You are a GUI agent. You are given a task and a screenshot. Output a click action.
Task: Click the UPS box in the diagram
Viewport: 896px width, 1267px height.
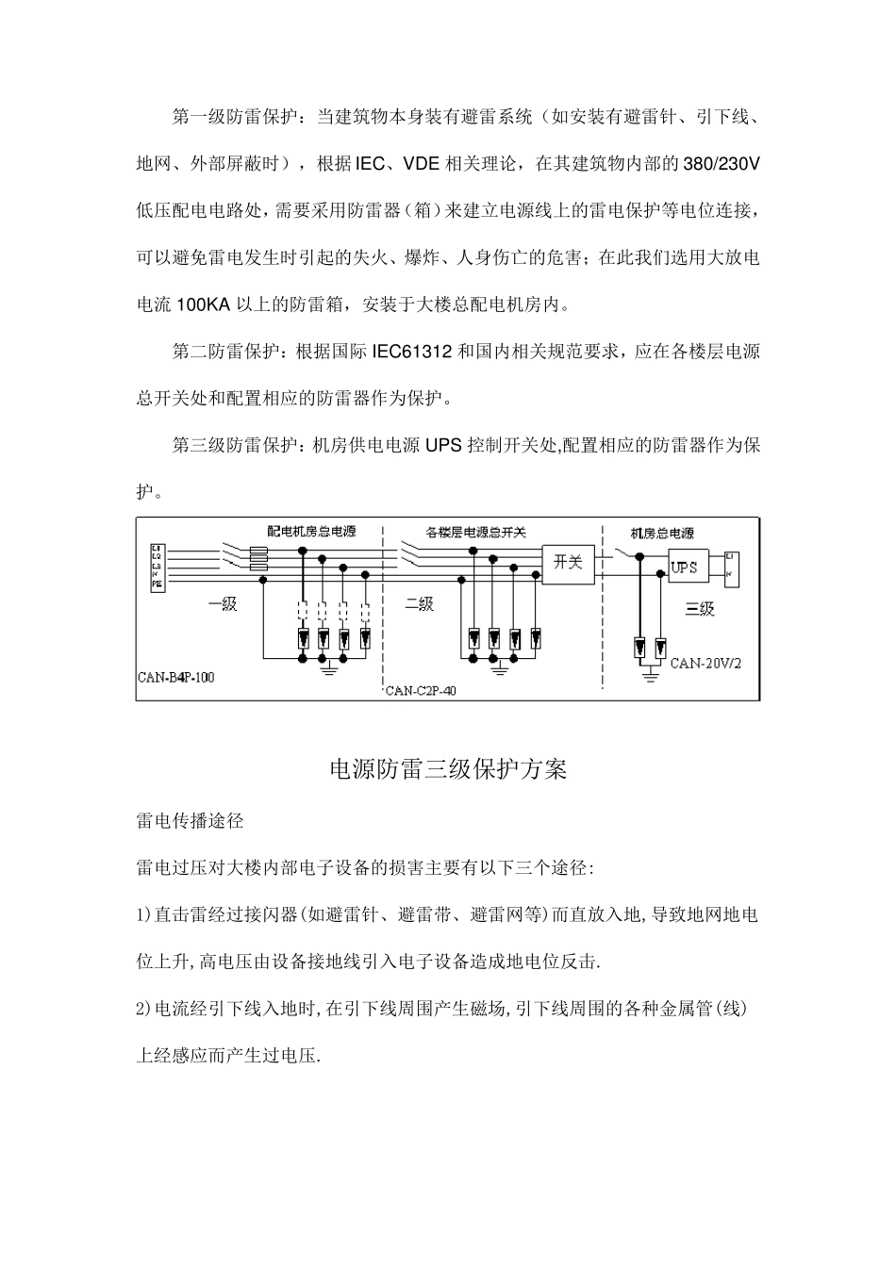point(684,568)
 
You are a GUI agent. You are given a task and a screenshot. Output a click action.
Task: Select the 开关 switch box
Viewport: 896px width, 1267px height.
point(568,563)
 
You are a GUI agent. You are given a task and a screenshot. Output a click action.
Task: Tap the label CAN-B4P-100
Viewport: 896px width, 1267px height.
point(176,678)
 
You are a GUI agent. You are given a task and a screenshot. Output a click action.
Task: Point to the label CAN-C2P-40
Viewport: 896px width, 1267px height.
point(422,691)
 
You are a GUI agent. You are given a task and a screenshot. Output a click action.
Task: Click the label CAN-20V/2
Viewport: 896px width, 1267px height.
point(706,663)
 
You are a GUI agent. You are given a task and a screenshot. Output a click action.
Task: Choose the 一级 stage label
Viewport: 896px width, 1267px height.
point(223,605)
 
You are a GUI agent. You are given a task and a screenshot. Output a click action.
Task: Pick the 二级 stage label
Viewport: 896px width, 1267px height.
point(419,604)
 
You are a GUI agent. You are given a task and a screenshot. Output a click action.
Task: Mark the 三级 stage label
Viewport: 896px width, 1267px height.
point(700,609)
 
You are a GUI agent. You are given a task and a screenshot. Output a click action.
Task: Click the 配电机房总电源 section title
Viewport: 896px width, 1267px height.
point(312,532)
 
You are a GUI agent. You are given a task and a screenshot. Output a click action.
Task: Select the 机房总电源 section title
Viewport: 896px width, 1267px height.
point(662,534)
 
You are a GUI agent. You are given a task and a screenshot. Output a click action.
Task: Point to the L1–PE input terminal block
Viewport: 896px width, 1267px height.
point(158,567)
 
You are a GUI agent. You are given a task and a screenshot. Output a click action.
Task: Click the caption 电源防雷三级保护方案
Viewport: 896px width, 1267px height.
point(448,770)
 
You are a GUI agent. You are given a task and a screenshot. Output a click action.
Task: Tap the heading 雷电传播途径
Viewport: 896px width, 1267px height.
point(191,821)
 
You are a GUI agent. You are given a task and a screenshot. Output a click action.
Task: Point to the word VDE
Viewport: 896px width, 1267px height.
point(421,165)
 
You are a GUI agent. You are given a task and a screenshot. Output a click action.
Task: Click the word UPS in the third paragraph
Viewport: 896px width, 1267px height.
point(442,446)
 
